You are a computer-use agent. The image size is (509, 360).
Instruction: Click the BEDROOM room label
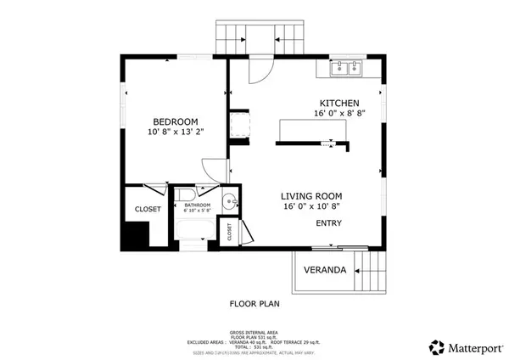point(176,121)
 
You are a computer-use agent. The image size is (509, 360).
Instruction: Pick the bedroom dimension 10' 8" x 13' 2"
point(176,132)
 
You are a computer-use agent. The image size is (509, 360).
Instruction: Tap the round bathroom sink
point(227,203)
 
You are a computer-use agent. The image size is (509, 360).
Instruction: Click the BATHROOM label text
point(197,205)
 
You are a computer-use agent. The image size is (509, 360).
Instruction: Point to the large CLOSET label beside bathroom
point(148,210)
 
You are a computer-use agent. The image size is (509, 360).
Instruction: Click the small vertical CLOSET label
point(227,229)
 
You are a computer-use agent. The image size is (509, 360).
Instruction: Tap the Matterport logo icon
point(437,346)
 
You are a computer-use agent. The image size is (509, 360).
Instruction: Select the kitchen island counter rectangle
point(312,129)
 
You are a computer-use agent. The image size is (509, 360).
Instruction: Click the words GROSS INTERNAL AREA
point(253,330)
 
